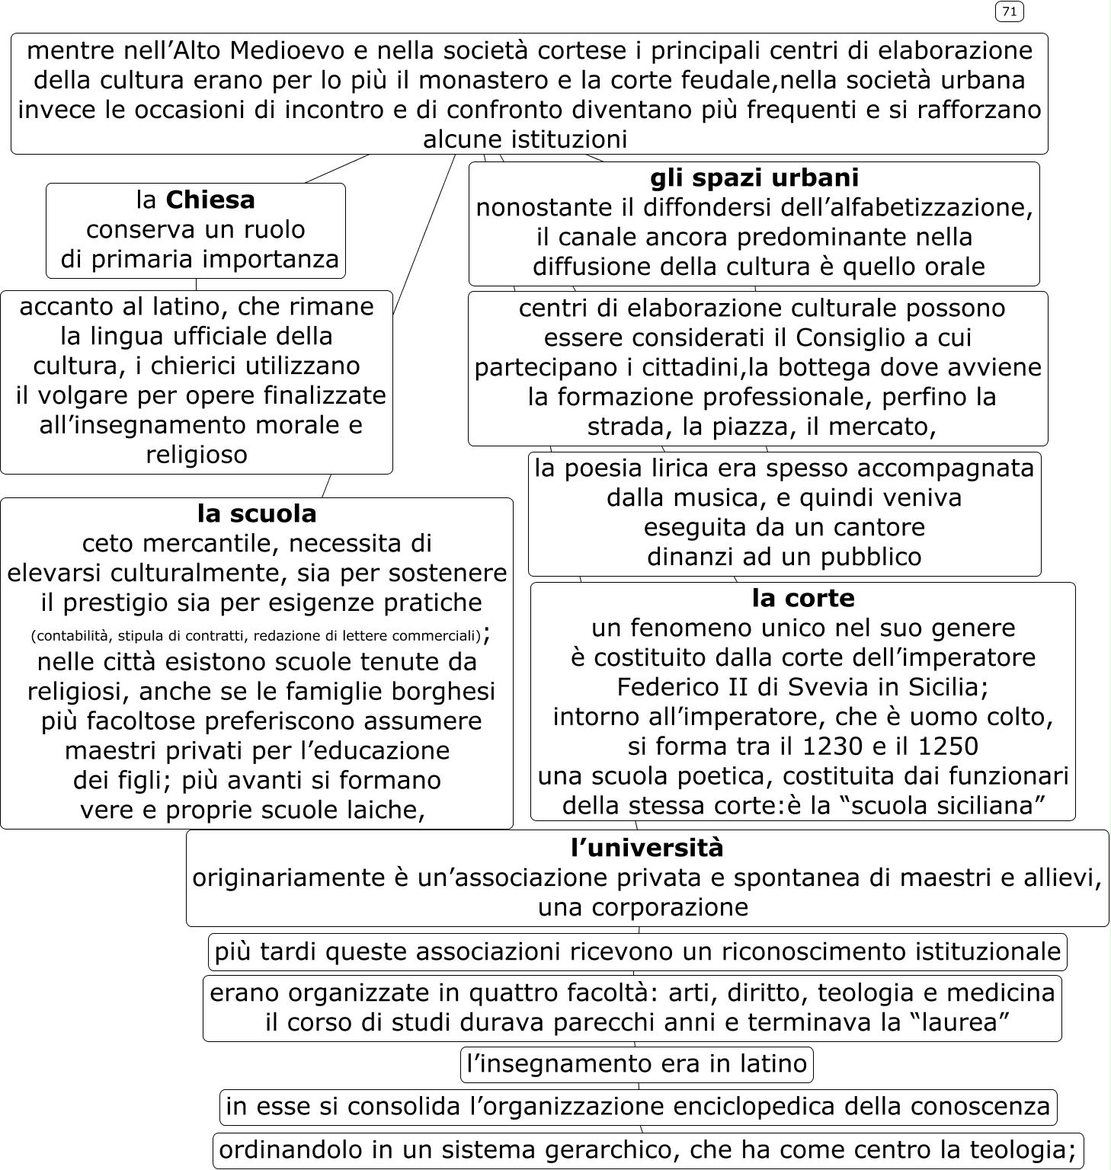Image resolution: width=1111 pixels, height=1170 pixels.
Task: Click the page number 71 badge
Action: [x=1009, y=11]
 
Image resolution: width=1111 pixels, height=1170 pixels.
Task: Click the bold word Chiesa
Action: [x=210, y=200]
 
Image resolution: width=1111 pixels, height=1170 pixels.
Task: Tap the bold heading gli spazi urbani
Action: [x=754, y=177]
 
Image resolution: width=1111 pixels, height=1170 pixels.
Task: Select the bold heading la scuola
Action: [x=257, y=513]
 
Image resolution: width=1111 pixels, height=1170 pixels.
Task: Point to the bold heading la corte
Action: [x=802, y=598]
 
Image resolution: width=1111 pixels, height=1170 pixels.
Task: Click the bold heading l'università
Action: [x=647, y=847]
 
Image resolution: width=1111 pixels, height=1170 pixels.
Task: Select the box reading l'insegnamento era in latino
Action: [x=636, y=1063]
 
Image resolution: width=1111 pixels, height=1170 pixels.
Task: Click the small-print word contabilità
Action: [x=73, y=636]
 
